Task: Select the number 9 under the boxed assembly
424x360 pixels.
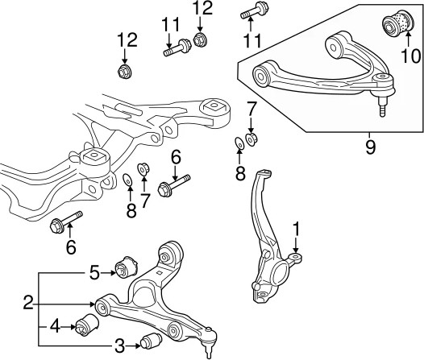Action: pyautogui.click(x=371, y=147)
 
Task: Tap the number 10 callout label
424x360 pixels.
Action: pyautogui.click(x=410, y=56)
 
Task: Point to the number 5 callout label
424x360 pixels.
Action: pyautogui.click(x=94, y=273)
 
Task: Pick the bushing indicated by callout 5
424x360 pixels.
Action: pyautogui.click(x=127, y=267)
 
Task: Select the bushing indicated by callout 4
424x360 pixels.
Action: pyautogui.click(x=86, y=325)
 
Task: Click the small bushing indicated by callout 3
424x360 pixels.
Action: pyautogui.click(x=151, y=341)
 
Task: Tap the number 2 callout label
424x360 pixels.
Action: pyautogui.click(x=28, y=304)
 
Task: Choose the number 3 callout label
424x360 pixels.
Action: pyautogui.click(x=119, y=346)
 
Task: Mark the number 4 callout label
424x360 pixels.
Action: pyautogui.click(x=56, y=327)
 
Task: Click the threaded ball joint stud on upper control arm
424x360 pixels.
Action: pyautogui.click(x=381, y=106)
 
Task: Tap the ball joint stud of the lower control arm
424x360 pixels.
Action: pyautogui.click(x=208, y=350)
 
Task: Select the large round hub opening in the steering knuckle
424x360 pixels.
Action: pyautogui.click(x=280, y=274)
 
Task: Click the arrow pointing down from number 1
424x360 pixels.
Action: pyautogui.click(x=296, y=244)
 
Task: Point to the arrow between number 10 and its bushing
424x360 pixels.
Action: pyautogui.click(x=408, y=39)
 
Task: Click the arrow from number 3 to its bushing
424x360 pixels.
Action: pyautogui.click(x=133, y=346)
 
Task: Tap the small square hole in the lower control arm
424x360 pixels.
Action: pyautogui.click(x=160, y=272)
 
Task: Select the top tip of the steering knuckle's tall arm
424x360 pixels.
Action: pyautogui.click(x=264, y=172)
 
